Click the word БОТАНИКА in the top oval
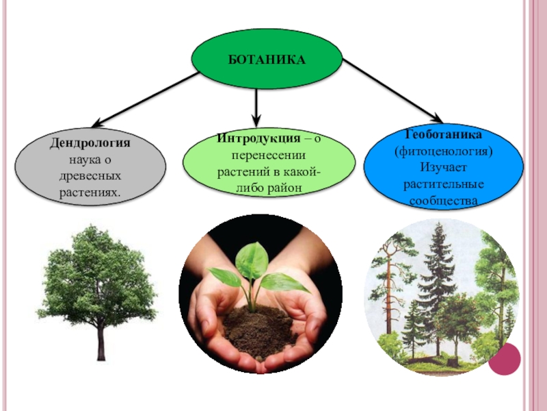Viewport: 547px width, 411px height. tap(266, 61)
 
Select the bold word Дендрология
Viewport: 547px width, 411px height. tap(90, 144)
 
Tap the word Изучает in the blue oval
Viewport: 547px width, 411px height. tap(443, 168)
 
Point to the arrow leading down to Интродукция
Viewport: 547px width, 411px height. tap(256, 106)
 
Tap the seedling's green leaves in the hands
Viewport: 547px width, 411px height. tap(252, 264)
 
